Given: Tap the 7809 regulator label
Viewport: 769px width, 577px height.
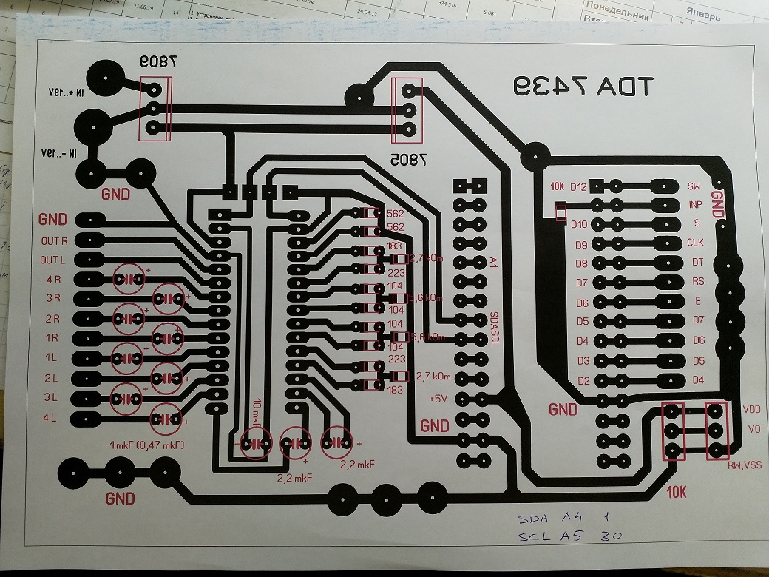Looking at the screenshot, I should (157, 64).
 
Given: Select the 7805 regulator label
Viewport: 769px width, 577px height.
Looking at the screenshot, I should (405, 158).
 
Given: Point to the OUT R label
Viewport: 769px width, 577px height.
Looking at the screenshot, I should (54, 241).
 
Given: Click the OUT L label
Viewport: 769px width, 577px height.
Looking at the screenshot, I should (54, 260).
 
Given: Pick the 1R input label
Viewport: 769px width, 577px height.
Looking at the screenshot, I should (52, 338).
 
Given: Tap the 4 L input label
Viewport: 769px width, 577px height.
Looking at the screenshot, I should (52, 419).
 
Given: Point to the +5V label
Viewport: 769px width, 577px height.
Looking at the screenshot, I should (439, 399).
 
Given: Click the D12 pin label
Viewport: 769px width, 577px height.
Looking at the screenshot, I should (578, 187).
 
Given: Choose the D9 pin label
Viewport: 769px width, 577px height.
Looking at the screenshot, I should (580, 244).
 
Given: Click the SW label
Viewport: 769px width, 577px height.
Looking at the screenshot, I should (694, 186).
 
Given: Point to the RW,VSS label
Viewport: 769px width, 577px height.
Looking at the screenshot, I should (744, 465).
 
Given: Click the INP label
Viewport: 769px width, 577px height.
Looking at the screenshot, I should (695, 204).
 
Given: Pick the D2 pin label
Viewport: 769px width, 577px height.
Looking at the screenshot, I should (583, 380).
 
